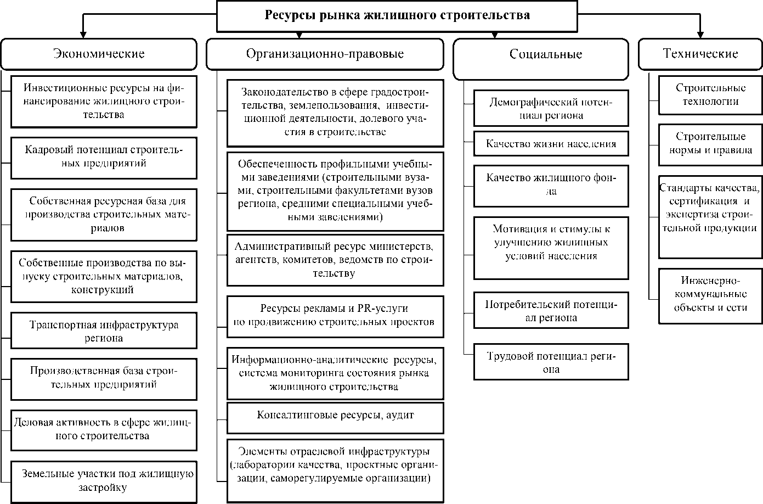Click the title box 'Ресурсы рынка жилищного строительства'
pos(397,16)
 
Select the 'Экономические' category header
pos(99,54)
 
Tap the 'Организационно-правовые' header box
pos(325,54)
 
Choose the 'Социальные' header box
pos(540,54)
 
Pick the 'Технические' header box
pos(700,54)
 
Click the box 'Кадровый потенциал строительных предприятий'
pos(104,158)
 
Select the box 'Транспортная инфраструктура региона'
pos(104,332)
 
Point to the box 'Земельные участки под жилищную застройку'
pos(104,481)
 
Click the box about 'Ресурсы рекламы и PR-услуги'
pos(335,316)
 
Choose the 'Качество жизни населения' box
pos(551,144)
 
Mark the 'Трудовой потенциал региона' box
pos(551,362)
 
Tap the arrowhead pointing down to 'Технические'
pos(700,35)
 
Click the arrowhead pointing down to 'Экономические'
pos(83,35)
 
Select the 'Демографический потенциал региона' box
pos(551,109)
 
